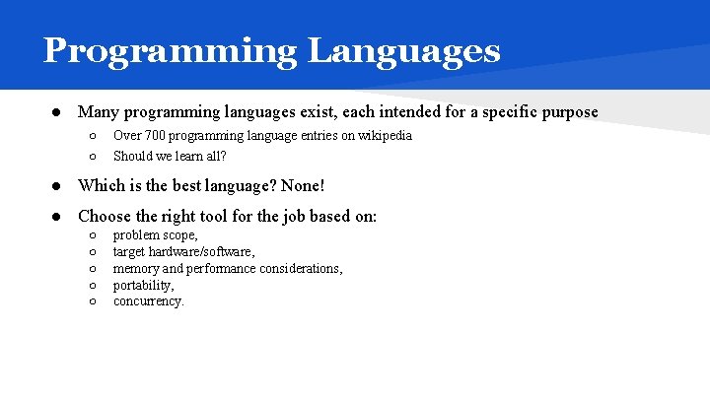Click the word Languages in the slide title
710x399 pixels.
pos(404,50)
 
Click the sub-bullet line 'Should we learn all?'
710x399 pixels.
pos(170,156)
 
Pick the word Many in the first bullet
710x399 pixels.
pos(97,112)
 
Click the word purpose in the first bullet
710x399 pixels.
pos(566,112)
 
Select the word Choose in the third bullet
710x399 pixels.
pos(105,216)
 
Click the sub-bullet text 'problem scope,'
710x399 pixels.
pos(156,235)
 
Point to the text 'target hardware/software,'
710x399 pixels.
pos(184,252)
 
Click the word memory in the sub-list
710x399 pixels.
pos(136,268)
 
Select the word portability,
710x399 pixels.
pos(144,285)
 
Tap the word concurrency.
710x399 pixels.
pos(149,301)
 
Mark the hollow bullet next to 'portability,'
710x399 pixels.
pos(91,286)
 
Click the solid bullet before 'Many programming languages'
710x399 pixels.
pos(58,112)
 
